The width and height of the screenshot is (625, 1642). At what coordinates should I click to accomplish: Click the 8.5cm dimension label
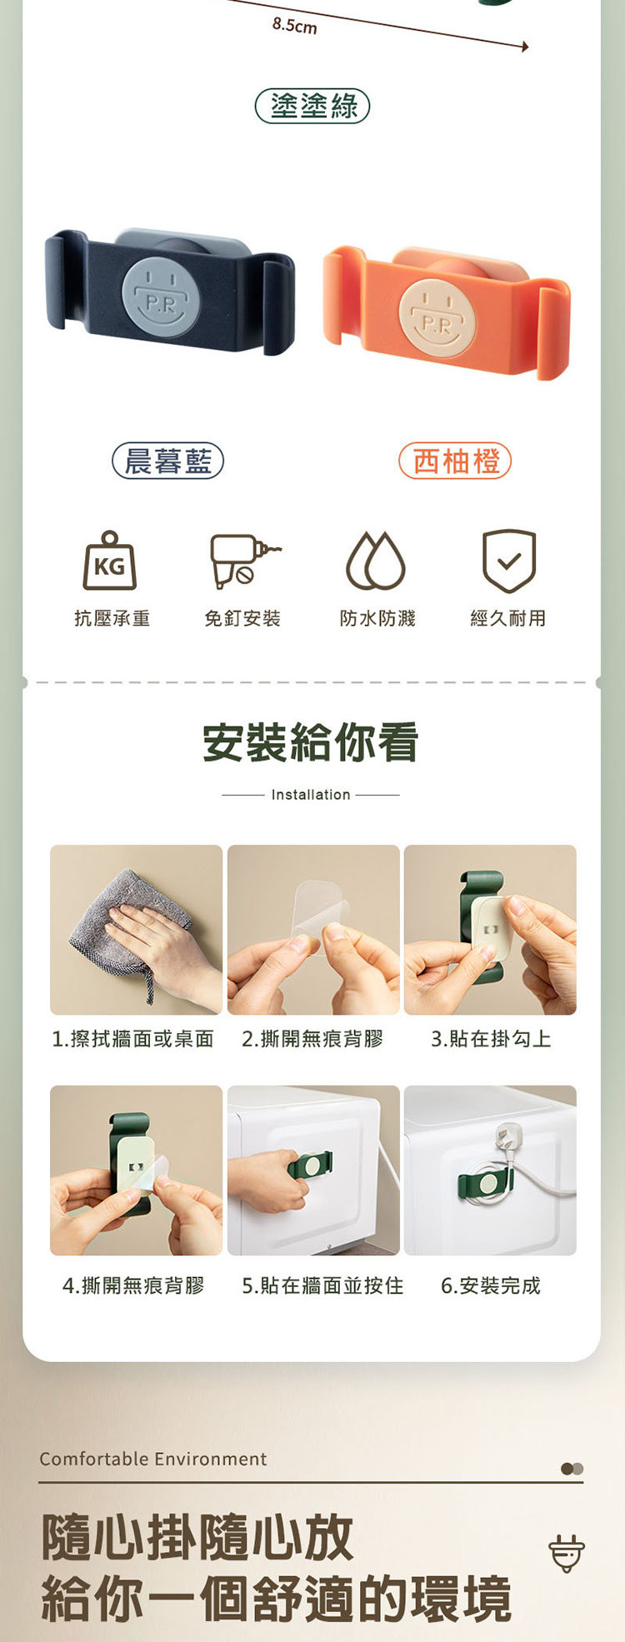click(295, 26)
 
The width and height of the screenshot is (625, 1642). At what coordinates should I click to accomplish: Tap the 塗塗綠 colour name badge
click(312, 106)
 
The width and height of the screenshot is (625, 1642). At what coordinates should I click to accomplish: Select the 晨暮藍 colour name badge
click(168, 461)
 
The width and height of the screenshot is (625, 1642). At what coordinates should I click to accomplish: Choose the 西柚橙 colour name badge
click(455, 461)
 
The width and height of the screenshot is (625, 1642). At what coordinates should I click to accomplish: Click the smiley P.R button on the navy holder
click(162, 296)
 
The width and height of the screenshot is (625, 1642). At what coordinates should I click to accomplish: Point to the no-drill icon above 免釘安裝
click(243, 560)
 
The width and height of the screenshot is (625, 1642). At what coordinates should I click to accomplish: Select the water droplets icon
click(376, 561)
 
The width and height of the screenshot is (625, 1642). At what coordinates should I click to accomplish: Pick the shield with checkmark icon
click(509, 561)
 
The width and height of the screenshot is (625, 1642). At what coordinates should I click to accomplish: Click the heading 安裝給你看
click(311, 742)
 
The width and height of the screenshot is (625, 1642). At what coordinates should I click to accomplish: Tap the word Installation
click(311, 795)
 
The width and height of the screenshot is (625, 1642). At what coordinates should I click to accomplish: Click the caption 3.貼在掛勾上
click(491, 1039)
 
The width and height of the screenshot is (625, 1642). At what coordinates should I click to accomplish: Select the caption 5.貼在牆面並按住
click(322, 1285)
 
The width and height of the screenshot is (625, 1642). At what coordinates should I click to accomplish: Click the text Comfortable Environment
click(153, 1459)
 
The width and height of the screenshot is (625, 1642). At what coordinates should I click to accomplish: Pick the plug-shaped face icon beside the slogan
click(567, 1553)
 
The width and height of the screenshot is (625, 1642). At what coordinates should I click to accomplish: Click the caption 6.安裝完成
click(491, 1285)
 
